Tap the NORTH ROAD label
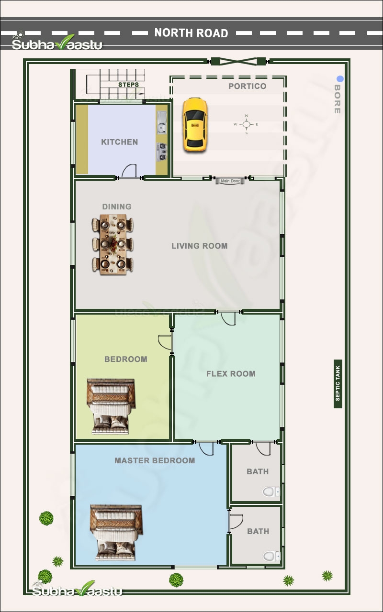191,33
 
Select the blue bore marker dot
339,79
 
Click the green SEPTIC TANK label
338,383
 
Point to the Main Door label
230,181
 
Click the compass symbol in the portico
247,124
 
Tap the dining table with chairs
113,244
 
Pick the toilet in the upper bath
270,492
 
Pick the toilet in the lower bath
270,556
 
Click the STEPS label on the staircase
128,85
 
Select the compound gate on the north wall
238,61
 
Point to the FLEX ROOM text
231,374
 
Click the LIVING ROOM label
200,246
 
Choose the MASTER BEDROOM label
155,461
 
